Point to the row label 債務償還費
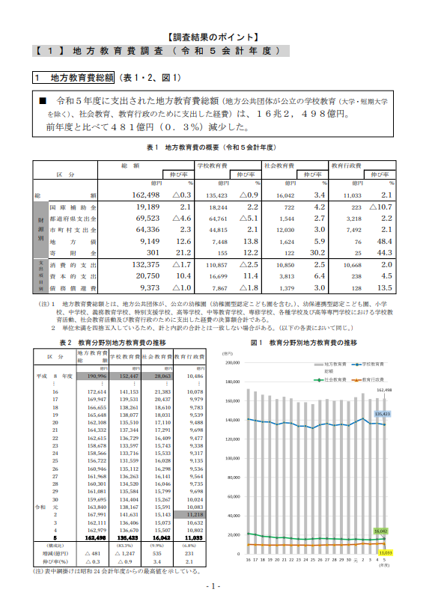click(x=72, y=287)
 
